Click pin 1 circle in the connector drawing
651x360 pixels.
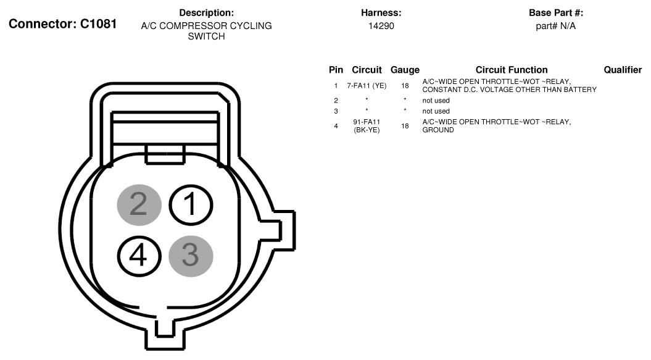tap(191, 205)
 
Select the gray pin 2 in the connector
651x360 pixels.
tap(139, 205)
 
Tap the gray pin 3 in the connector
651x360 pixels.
tap(191, 256)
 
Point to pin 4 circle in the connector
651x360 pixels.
tap(139, 256)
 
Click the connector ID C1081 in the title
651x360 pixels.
tap(98, 24)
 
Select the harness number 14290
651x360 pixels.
tap(381, 26)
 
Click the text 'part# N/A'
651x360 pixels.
tap(555, 26)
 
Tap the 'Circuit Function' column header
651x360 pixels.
tap(512, 70)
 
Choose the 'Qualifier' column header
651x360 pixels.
tap(623, 70)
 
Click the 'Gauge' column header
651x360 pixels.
tap(405, 70)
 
